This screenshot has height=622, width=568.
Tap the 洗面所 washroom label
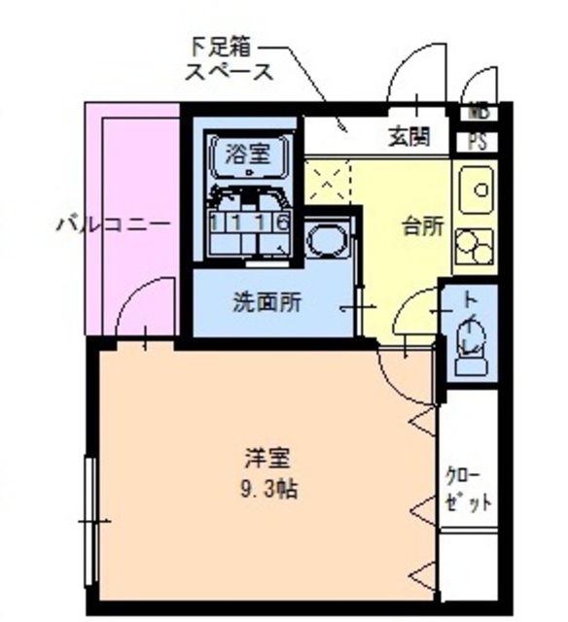pyautogui.click(x=266, y=302)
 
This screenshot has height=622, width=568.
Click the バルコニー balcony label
pyautogui.click(x=113, y=225)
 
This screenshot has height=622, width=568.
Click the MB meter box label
pyautogui.click(x=479, y=112)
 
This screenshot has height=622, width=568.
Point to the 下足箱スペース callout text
pyautogui.click(x=230, y=58)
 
